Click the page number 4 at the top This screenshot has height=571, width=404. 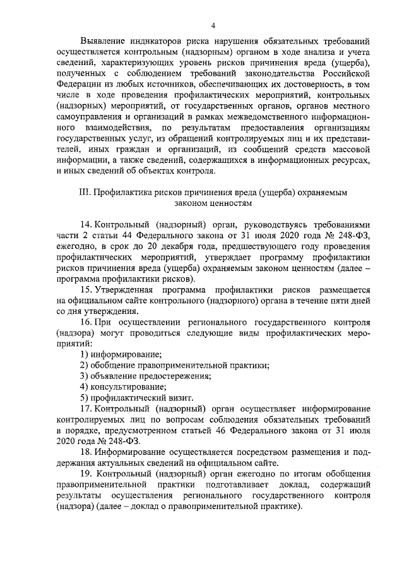pyautogui.click(x=213, y=25)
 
